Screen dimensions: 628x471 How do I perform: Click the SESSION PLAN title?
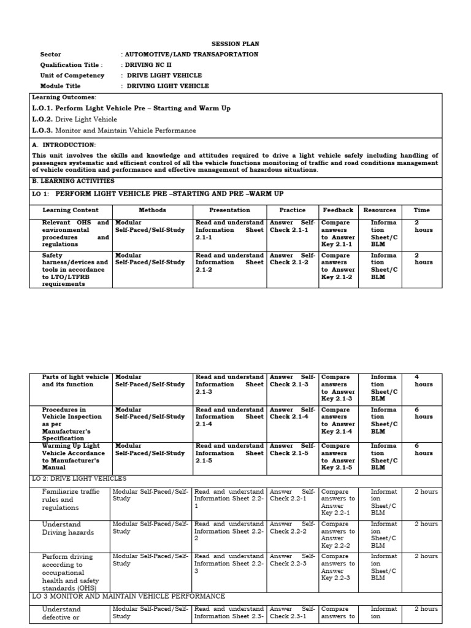235,44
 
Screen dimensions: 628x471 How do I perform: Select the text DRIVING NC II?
147,65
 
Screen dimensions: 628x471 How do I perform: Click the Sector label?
50,55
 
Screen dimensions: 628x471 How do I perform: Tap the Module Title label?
60,86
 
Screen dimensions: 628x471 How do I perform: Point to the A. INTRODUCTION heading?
64,145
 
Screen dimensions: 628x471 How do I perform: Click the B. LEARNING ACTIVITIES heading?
73,182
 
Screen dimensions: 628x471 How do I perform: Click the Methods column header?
152,210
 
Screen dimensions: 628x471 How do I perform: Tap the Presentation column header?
229,210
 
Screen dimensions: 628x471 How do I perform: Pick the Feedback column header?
338,210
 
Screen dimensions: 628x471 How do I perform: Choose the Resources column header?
380,210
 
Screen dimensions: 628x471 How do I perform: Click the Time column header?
421,210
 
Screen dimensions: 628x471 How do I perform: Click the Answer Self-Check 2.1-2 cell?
293,259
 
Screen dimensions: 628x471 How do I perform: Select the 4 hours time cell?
423,381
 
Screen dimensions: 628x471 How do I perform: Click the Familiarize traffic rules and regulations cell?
66,499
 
